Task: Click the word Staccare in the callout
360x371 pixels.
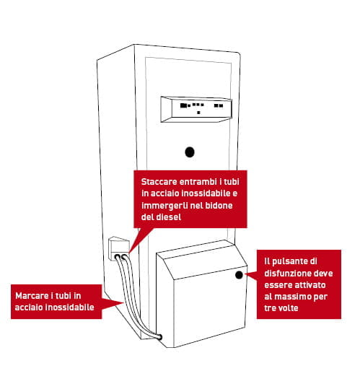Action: (x=159, y=182)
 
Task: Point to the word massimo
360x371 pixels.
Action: (x=290, y=297)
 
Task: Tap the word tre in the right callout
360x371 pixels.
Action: (x=269, y=308)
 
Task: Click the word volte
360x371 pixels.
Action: (x=287, y=308)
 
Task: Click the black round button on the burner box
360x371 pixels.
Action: (x=239, y=275)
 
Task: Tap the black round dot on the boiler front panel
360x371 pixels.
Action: (x=190, y=152)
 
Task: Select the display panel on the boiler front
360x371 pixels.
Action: (x=196, y=109)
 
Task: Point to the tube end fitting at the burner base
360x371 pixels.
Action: (x=159, y=337)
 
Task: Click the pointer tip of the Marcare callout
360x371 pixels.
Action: (x=124, y=302)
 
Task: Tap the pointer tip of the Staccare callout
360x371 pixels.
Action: (x=129, y=253)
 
